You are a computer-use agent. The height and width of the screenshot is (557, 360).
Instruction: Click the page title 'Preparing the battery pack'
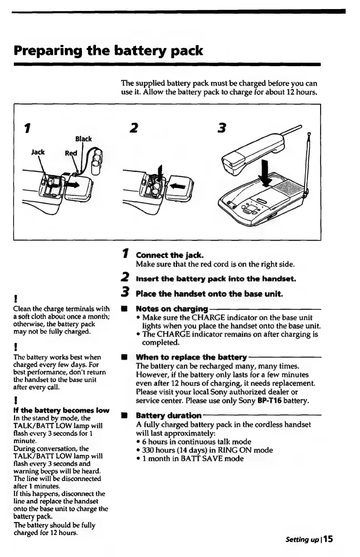coord(108,51)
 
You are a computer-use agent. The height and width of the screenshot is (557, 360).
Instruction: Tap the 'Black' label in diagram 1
coord(83,139)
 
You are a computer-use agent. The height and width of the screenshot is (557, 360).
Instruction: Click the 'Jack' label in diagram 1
coord(38,152)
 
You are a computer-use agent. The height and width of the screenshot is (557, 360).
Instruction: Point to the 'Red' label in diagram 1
coord(71,153)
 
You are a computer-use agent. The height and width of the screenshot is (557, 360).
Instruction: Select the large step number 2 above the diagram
coord(133,128)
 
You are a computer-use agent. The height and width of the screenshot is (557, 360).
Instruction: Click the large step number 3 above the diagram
coord(222,128)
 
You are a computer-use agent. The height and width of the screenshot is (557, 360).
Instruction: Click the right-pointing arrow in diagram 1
coord(73,184)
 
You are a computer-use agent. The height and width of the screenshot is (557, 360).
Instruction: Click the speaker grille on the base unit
coord(288,187)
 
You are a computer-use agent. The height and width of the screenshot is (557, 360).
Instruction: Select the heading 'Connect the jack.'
coord(170,255)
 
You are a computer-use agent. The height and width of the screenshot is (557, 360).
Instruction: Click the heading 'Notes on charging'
coord(172,308)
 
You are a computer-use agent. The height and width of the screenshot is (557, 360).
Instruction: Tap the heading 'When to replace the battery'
coord(191,357)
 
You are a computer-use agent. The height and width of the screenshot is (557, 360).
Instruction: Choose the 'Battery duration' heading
coord(168,415)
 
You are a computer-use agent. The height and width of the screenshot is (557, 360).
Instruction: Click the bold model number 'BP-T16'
coord(269,401)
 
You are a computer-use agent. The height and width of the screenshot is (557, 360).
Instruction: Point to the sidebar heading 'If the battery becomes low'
coord(61,410)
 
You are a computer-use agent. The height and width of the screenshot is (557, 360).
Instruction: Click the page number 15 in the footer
coord(328,539)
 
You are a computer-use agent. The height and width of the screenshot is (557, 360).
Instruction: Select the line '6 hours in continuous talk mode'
coord(196,441)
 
